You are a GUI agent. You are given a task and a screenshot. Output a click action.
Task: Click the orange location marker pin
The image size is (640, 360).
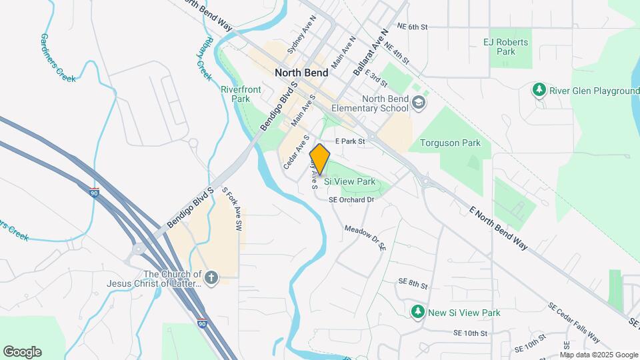point(319,159)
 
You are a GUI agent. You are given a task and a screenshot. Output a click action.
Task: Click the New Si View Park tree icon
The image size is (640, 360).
point(418,312)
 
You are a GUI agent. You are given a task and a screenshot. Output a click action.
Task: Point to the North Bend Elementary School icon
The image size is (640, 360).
point(418,103)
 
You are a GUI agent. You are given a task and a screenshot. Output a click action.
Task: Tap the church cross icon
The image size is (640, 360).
point(211,278)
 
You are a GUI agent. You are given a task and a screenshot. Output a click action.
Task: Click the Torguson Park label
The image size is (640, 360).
point(450,143)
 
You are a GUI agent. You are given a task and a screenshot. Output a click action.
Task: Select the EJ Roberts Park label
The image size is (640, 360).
point(506,47)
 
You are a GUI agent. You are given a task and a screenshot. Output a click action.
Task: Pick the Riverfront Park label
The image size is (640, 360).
point(235,93)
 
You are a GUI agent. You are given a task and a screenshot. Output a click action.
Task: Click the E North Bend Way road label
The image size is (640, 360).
point(499,228)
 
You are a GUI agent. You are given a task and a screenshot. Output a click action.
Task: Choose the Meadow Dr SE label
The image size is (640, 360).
point(365,238)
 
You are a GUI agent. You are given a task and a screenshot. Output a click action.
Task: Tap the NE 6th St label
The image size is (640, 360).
point(411,27)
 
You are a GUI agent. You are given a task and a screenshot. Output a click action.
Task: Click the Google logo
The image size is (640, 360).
point(22,352)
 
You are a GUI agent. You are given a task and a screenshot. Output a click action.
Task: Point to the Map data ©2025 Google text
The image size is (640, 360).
point(599,355)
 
